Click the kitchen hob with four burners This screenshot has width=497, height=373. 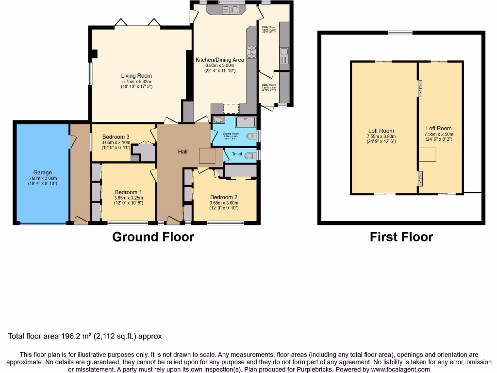(x=252, y=51)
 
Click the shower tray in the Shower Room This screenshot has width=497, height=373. (x=245, y=121)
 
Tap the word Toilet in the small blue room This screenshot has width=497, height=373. (x=237, y=154)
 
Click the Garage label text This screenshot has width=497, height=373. (x=42, y=172)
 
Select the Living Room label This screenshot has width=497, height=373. (x=136, y=76)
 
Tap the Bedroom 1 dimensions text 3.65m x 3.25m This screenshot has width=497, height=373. (x=129, y=198)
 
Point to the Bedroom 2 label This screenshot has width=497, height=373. (x=224, y=197)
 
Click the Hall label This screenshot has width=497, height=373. (x=182, y=152)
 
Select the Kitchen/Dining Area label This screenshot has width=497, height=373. (x=219, y=60)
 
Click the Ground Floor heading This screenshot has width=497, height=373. (x=153, y=237)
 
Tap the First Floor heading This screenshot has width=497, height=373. (x=401, y=237)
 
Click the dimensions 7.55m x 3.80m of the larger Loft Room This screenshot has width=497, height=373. (x=381, y=136)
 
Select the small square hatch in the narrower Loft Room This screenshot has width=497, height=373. (x=428, y=154)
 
